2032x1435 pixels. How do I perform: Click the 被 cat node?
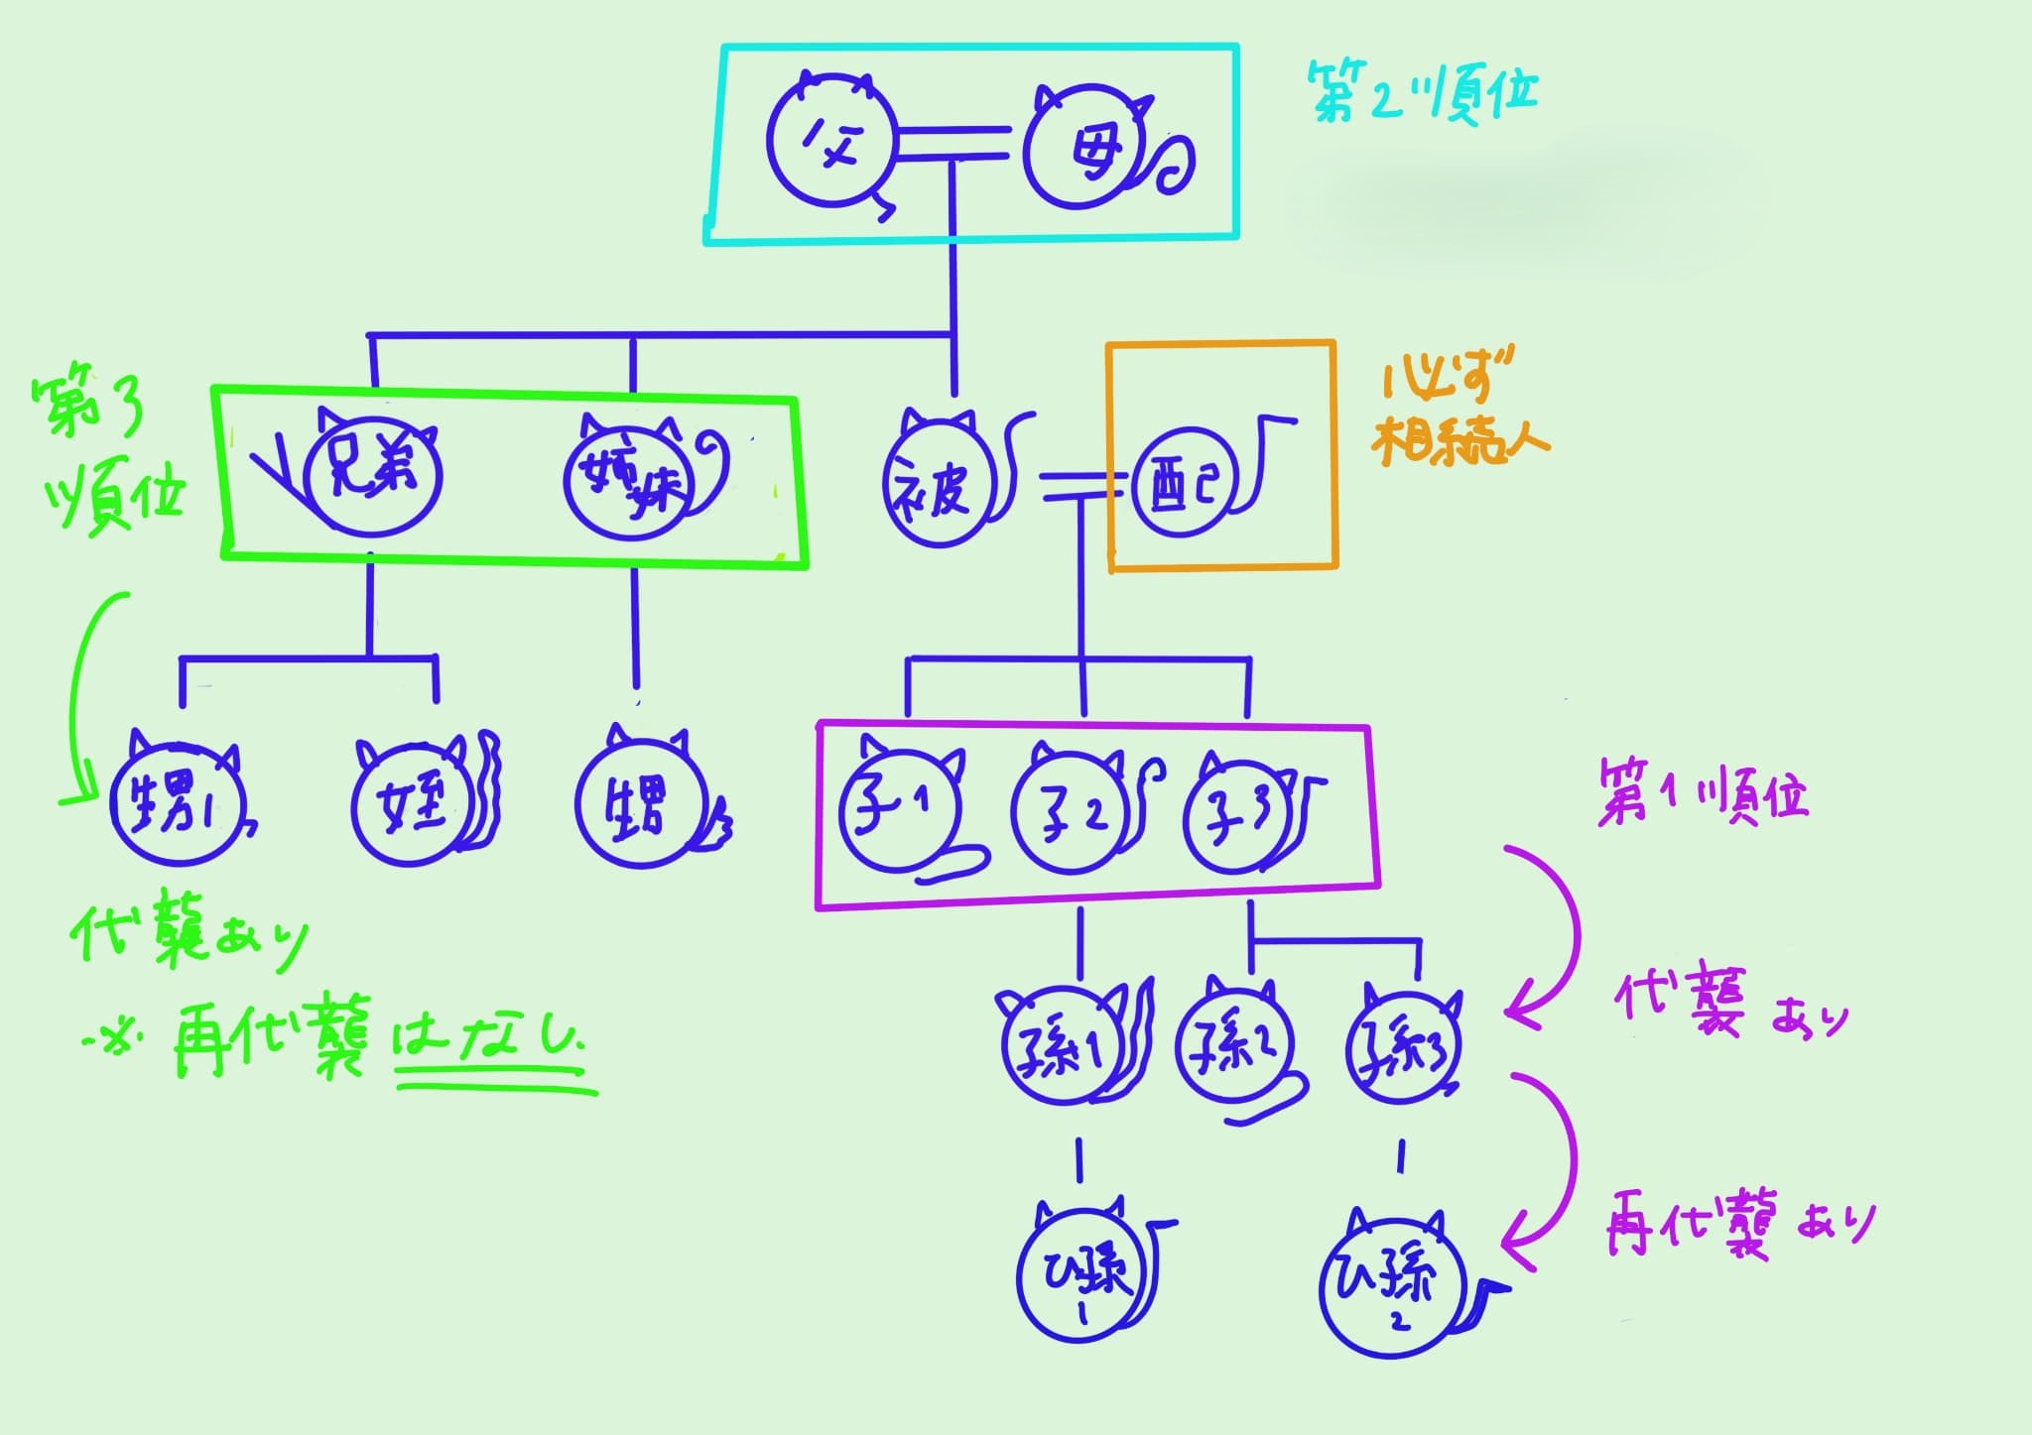coord(938,486)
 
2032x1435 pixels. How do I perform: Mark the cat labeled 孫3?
coord(1402,1049)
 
